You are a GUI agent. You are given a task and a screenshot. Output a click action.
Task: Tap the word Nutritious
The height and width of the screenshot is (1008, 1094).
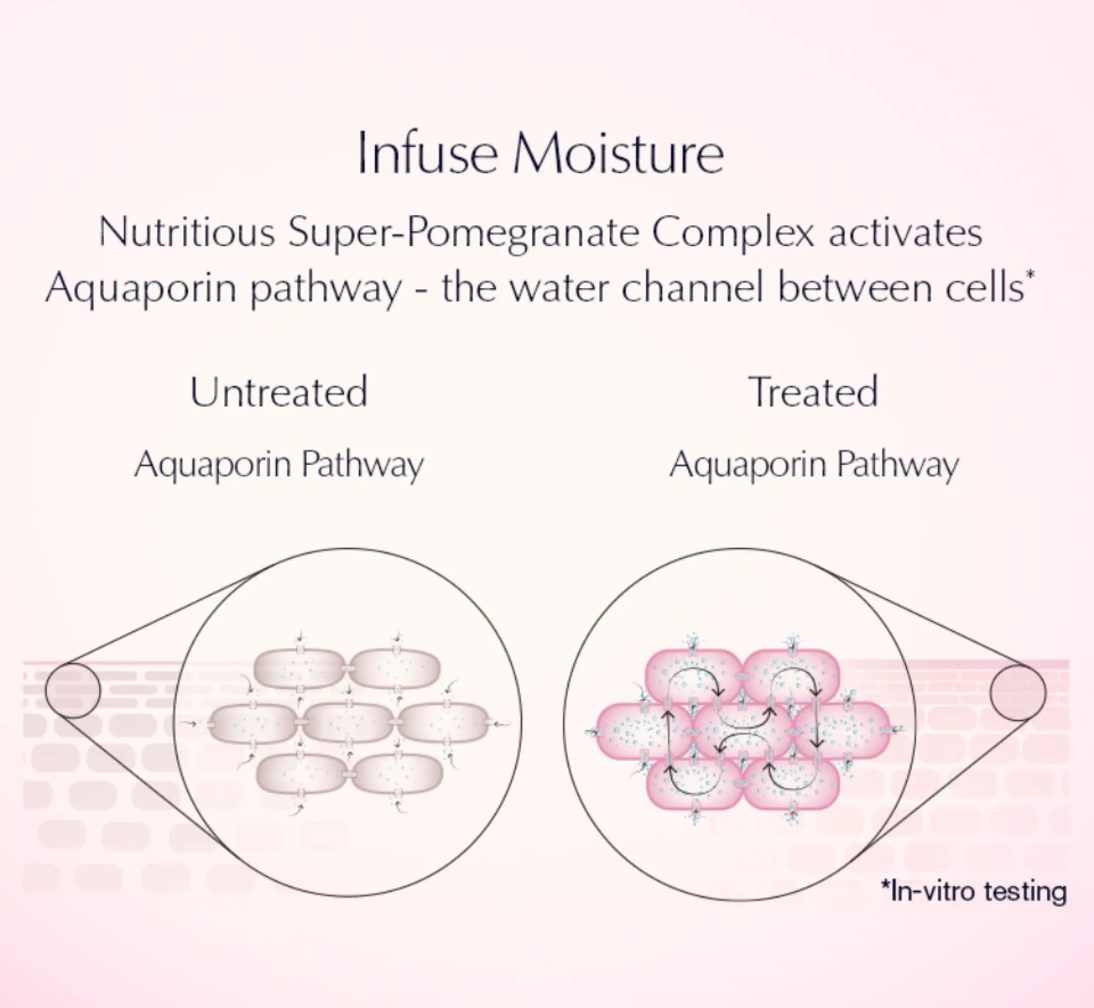tap(186, 232)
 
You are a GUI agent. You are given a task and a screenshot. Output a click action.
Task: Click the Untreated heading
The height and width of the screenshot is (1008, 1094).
tap(279, 392)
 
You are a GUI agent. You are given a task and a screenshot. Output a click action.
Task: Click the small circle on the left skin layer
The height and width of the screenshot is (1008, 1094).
tap(73, 690)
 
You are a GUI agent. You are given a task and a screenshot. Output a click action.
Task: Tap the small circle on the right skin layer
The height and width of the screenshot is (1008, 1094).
tap(1018, 692)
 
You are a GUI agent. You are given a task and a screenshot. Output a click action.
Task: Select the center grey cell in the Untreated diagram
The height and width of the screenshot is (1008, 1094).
tap(347, 723)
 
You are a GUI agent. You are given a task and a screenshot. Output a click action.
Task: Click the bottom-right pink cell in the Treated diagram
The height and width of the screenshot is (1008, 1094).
tap(791, 784)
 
